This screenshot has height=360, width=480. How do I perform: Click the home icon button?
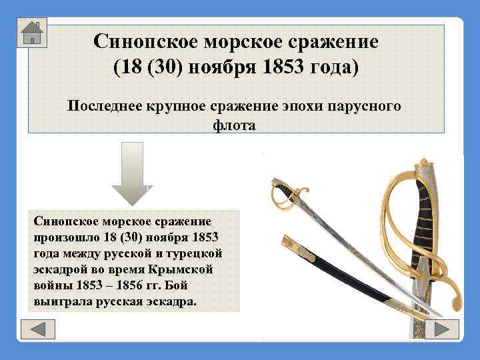31,32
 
